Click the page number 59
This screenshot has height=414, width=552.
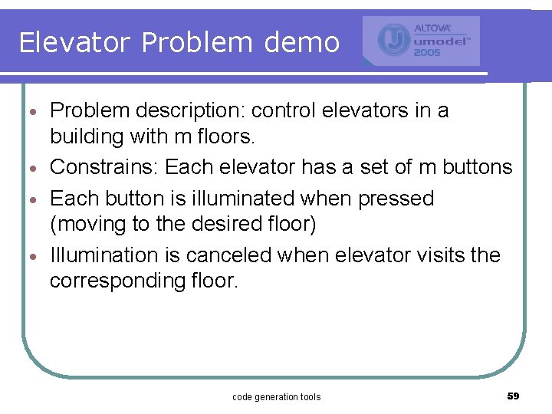pos(513,396)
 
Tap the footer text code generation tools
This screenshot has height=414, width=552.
pos(276,396)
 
